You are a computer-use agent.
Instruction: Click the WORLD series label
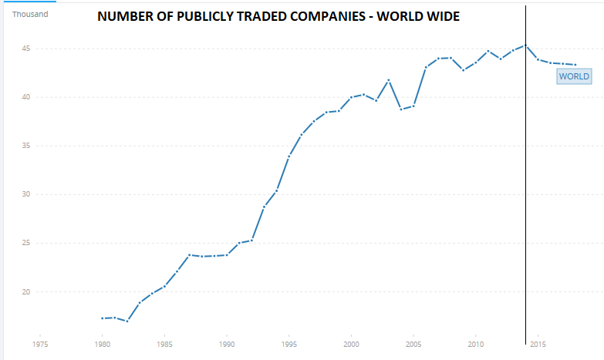point(574,76)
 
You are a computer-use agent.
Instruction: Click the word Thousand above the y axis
point(30,13)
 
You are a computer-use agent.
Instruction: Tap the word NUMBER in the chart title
point(123,17)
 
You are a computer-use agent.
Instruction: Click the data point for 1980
point(102,318)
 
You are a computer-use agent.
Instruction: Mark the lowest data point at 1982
point(127,321)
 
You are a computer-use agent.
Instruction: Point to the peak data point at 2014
point(525,45)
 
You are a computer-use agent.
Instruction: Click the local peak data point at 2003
point(388,80)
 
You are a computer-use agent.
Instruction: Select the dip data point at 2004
point(401,109)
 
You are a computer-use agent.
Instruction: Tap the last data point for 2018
point(575,65)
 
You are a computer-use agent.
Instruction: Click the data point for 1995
point(289,156)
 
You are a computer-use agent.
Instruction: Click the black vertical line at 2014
point(525,193)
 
